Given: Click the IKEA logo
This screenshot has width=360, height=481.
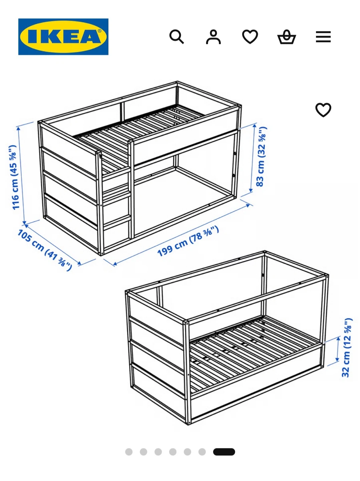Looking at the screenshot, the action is tap(63, 37).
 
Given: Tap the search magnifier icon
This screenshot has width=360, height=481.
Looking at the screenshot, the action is tap(177, 37).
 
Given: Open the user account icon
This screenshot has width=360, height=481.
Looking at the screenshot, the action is tap(213, 37).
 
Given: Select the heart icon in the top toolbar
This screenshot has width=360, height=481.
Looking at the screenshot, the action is tap(250, 37).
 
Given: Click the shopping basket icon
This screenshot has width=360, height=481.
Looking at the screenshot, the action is tap(287, 37).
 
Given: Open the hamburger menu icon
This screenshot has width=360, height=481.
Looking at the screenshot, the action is tap(323, 37).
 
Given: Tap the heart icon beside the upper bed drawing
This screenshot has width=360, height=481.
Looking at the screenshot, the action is tap(323, 110).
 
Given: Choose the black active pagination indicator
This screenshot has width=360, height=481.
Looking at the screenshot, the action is tap(224, 452).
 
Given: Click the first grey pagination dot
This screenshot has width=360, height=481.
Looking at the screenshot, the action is tap(129, 452).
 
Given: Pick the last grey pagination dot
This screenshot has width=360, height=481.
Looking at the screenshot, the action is tap(202, 452).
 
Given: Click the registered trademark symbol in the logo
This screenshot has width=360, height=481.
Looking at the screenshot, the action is tap(100, 31).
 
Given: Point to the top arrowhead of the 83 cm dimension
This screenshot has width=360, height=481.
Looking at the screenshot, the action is tap(254, 125).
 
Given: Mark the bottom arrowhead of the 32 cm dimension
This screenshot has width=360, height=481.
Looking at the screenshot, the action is tap(337, 360).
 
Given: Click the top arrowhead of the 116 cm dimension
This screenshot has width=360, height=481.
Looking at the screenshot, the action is tap(18, 128).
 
